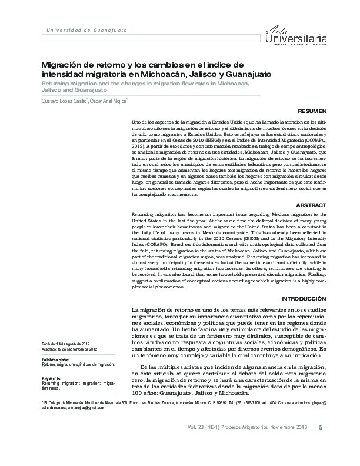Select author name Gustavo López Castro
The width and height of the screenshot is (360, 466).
(65, 101)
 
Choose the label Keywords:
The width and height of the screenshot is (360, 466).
(52, 378)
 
